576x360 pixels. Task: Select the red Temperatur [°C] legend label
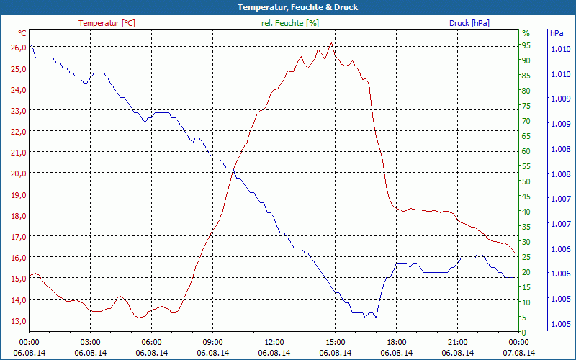pos(107,23)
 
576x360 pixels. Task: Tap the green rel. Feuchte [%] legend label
pos(289,23)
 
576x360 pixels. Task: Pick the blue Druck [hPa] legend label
pos(469,23)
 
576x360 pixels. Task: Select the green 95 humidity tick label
pos(526,45)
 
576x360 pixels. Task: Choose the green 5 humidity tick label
pos(524,318)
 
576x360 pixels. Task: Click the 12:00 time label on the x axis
pos(274,342)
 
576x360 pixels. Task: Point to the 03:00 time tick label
pos(90,342)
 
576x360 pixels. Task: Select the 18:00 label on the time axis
pos(396,342)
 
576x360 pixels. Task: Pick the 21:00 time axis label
pos(457,342)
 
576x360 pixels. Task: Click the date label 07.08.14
pos(518,353)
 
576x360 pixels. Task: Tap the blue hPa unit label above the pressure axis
pos(557,33)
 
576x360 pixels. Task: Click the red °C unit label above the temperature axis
pos(22,33)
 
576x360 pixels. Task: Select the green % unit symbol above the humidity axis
pos(526,33)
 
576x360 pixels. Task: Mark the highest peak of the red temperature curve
pos(331,43)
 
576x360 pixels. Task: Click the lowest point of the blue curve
pos(366,318)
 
